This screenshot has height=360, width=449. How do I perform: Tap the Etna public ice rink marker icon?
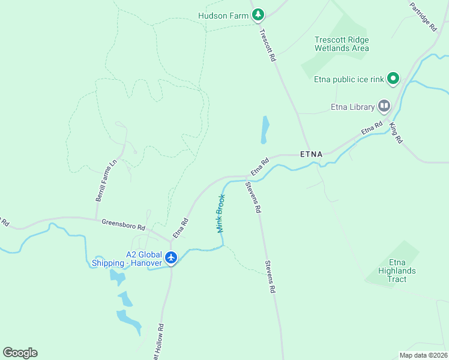(393, 78)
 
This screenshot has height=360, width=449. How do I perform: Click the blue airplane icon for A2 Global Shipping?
(172, 258)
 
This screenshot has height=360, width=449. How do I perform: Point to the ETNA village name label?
(311, 154)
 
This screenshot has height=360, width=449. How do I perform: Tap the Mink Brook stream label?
(220, 214)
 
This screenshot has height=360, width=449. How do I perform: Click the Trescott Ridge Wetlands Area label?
(342, 44)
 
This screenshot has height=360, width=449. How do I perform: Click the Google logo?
(20, 353)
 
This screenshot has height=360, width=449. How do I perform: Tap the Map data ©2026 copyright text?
(423, 355)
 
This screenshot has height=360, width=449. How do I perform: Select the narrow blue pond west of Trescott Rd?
(264, 130)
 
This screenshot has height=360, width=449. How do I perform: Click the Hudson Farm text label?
(223, 16)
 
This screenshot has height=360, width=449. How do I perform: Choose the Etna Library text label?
(353, 108)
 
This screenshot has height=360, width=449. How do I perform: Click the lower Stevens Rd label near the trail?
(271, 277)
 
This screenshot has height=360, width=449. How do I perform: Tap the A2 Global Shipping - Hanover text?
(126, 259)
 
